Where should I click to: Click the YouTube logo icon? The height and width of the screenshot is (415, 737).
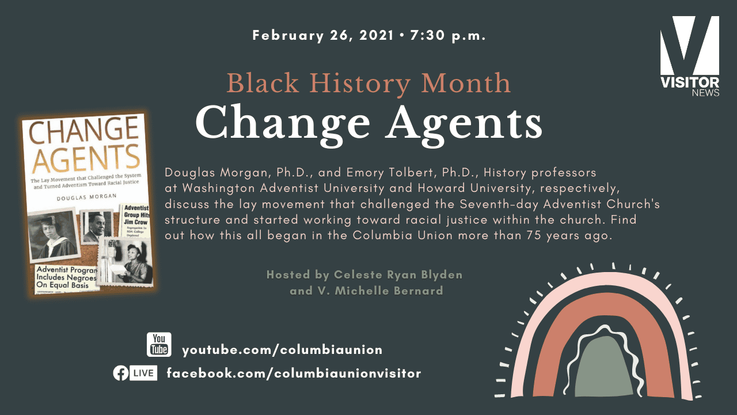[x=159, y=345]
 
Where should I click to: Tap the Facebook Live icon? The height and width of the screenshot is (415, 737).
[x=135, y=373]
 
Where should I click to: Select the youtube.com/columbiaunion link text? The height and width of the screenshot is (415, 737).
[x=282, y=350]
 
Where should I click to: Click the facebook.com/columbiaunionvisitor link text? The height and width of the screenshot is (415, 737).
[x=294, y=373]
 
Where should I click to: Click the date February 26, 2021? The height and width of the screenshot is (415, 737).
[x=322, y=36]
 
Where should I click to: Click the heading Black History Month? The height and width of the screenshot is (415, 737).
[x=368, y=83]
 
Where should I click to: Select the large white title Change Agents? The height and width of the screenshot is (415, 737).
[x=368, y=122]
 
